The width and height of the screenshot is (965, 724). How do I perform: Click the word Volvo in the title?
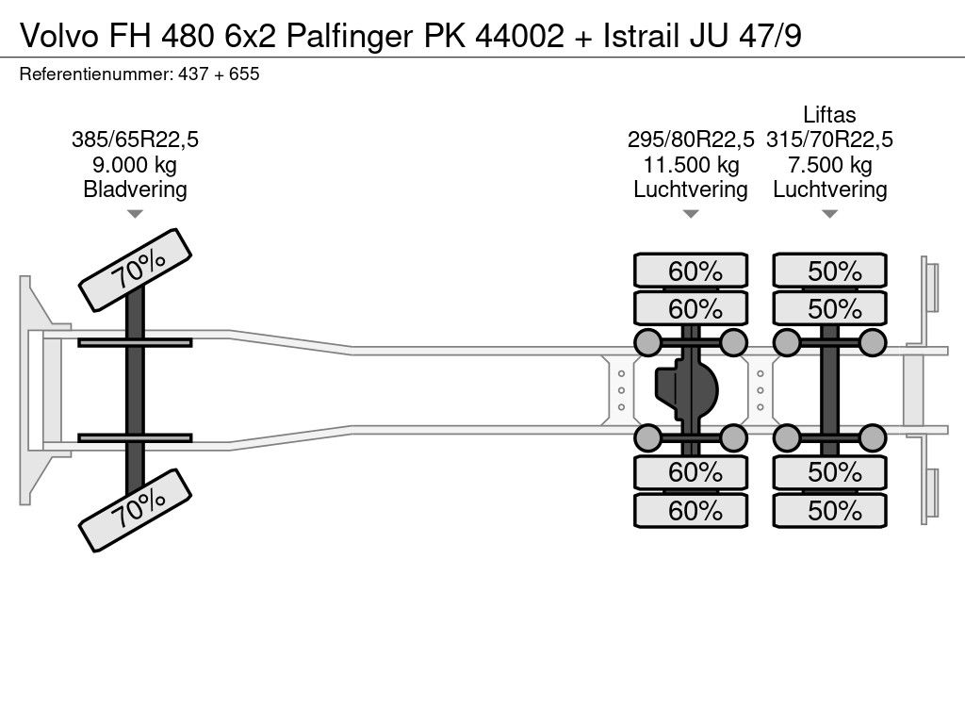tap(59, 36)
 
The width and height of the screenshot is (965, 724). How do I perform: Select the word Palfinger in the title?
tap(350, 37)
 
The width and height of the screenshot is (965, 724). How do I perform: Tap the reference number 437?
tap(193, 74)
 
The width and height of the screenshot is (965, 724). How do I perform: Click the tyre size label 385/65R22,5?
tap(135, 140)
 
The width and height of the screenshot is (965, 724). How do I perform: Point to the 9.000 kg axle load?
tap(135, 165)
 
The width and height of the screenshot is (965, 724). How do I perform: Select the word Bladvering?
tap(135, 189)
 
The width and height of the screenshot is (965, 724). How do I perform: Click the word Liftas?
tap(829, 114)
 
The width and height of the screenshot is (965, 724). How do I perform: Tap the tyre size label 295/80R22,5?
tap(691, 140)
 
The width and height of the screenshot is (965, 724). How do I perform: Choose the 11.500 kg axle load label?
tap(691, 165)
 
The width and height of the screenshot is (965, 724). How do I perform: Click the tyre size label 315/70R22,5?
tap(829, 140)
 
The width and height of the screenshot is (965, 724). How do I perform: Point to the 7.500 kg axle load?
tap(829, 165)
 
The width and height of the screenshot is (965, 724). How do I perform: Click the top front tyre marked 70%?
tap(136, 270)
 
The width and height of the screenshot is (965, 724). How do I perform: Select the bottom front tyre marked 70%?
tap(136, 510)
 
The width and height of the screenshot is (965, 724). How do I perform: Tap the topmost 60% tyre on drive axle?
tap(691, 271)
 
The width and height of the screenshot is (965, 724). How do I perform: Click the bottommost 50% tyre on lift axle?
tap(829, 510)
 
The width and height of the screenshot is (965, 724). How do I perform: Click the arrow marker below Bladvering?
tap(135, 214)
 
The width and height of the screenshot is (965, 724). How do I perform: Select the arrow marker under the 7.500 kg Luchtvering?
tap(829, 214)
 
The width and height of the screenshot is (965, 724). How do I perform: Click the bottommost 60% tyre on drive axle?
tap(691, 510)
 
